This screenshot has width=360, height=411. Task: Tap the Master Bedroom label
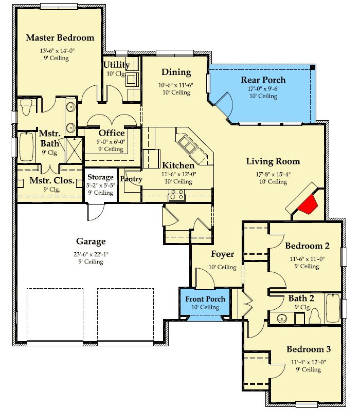(60, 38)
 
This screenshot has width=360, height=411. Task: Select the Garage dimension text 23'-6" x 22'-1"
(91, 254)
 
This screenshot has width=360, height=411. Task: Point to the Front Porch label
(205, 299)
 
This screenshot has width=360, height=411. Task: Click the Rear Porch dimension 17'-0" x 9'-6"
(263, 88)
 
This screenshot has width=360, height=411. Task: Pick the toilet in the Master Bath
(26, 107)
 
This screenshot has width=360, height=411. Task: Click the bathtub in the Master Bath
(26, 147)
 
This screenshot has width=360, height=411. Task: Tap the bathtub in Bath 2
(333, 308)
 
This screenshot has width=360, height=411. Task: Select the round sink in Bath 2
(282, 319)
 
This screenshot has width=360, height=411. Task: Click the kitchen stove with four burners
(176, 195)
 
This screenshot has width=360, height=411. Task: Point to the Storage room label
(100, 177)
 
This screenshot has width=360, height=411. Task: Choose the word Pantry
(131, 179)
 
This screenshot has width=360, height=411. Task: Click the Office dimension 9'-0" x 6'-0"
(111, 142)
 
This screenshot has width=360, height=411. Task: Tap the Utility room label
(117, 65)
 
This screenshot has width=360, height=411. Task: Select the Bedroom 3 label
(309, 349)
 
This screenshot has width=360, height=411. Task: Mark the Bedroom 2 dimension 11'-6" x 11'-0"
(307, 259)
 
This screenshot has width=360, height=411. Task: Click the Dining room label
(176, 72)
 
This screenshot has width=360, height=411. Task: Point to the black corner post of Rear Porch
(313, 67)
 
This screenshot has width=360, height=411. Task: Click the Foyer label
(223, 254)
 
